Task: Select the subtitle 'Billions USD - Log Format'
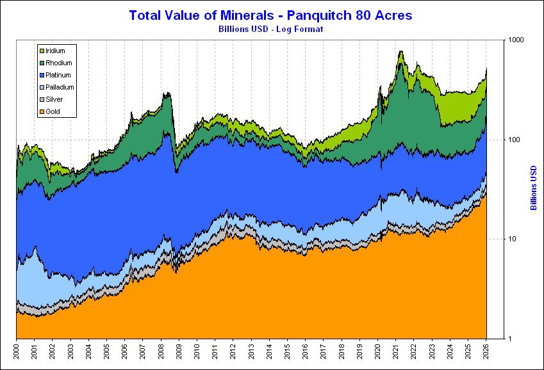click(272, 29)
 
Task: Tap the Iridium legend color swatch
click(42, 51)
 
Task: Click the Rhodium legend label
click(59, 63)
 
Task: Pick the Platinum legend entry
click(58, 75)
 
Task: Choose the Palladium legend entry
click(60, 87)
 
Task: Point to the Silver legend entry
click(55, 99)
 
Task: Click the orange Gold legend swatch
click(42, 111)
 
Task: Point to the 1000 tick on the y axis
click(499, 40)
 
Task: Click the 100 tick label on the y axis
click(497, 140)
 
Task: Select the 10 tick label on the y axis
click(495, 239)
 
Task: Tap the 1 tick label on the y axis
click(493, 339)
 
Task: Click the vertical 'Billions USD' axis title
click(533, 188)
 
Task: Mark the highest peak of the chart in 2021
click(401, 51)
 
